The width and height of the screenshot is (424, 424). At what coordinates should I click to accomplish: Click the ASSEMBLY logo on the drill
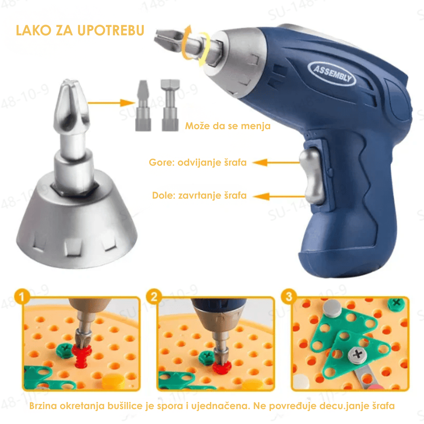tap(332, 73)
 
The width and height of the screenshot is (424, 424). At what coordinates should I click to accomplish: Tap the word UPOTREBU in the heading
tap(111, 30)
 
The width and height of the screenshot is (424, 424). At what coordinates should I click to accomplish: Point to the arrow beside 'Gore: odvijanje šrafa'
tap(276, 162)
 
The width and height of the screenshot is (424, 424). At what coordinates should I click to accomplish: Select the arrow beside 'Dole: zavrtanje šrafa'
tap(278, 196)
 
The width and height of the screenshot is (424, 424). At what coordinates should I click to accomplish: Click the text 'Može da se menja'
tap(228, 126)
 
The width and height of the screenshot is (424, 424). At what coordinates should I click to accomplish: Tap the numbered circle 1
tap(22, 297)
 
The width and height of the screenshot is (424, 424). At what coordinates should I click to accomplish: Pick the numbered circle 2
tap(154, 297)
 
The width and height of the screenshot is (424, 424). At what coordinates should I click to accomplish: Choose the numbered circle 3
tap(289, 296)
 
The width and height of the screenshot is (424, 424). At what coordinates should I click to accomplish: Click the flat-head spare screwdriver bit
tap(143, 106)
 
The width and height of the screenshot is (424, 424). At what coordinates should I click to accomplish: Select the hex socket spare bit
tap(170, 105)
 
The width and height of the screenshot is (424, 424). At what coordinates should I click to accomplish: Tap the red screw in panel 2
tap(222, 367)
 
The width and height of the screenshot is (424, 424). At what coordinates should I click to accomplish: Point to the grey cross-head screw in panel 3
tap(358, 354)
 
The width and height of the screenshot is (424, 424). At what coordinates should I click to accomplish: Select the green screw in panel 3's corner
tap(396, 303)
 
